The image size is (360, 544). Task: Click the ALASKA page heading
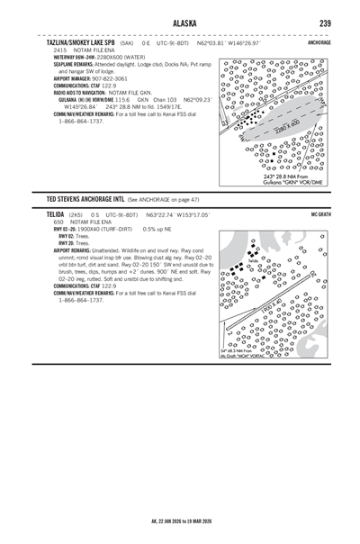click(179, 23)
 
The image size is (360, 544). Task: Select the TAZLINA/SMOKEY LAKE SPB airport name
click(80, 42)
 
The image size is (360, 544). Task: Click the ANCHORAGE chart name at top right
click(319, 42)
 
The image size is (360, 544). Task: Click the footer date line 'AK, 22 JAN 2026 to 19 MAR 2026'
click(180, 521)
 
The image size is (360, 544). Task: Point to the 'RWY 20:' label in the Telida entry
click(66, 243)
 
